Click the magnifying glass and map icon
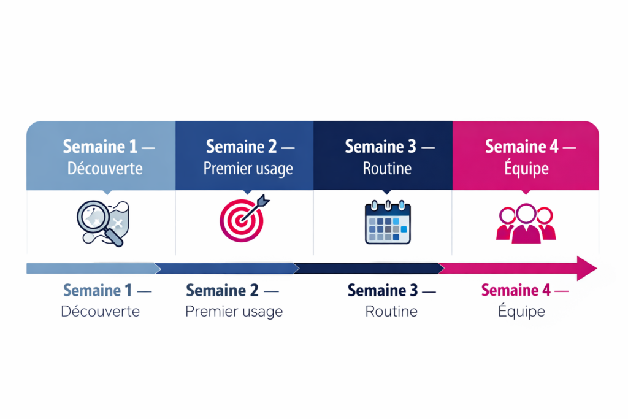point(103,223)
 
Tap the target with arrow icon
point(244,218)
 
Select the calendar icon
point(388,222)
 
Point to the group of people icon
point(526,223)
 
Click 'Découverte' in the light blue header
point(105,168)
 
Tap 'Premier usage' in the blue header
point(248,169)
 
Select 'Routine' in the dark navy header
point(387,168)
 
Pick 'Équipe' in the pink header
point(526,168)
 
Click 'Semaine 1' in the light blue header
point(100,147)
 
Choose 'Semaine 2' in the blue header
point(241,147)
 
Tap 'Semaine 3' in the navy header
point(380,147)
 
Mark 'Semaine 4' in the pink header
point(522,147)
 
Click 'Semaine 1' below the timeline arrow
point(98,290)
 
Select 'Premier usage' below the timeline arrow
point(234,312)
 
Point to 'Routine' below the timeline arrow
point(391,311)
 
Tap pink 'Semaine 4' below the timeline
point(516,290)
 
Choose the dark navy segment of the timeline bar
point(369,268)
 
